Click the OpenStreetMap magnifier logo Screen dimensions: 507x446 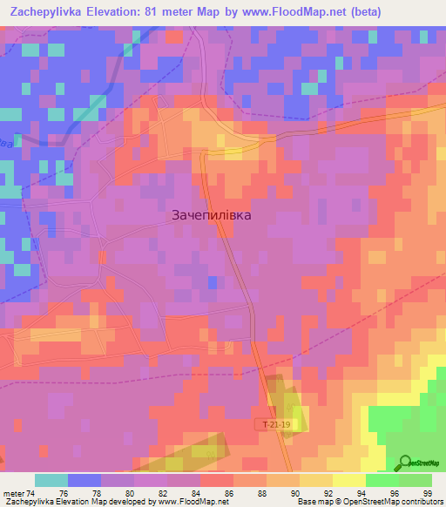405,463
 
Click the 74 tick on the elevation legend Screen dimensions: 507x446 33,492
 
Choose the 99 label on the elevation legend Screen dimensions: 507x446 426,492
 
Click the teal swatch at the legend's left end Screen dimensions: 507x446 51,480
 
